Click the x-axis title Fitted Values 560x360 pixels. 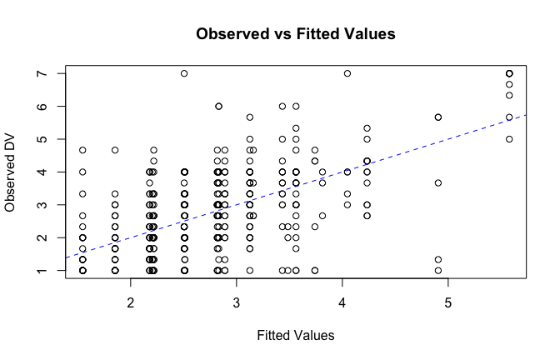[295, 335]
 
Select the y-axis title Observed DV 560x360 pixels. [12, 172]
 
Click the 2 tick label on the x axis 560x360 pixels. [131, 300]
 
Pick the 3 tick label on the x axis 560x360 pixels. [237, 300]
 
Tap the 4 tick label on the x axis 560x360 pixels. [342, 300]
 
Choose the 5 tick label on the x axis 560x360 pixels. [448, 300]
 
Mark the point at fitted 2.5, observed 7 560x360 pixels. [184, 73]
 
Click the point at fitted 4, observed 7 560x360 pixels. [347, 73]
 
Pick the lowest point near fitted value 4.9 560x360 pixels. [438, 270]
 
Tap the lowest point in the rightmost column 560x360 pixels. [509, 139]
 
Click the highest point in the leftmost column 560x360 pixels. [82, 150]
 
